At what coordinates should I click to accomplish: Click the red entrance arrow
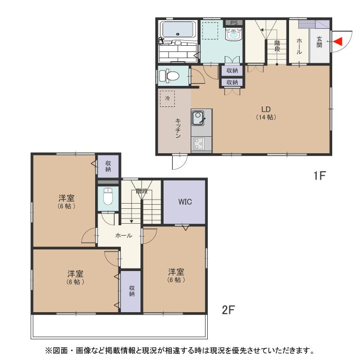click(338, 42)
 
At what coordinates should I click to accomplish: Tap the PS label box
click(233, 23)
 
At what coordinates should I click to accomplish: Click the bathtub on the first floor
click(178, 29)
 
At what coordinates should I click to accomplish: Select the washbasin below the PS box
click(233, 34)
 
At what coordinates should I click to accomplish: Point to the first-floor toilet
click(169, 76)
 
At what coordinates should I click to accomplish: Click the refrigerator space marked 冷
click(167, 99)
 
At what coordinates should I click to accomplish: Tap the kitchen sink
click(197, 118)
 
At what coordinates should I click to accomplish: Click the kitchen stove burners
click(198, 144)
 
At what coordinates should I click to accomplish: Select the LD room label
click(266, 113)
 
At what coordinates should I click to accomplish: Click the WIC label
click(185, 202)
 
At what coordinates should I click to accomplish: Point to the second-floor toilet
click(107, 196)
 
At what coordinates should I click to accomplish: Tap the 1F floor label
click(319, 176)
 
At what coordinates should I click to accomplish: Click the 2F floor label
click(228, 310)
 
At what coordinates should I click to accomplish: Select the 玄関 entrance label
click(319, 42)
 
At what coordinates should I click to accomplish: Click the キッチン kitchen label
click(178, 128)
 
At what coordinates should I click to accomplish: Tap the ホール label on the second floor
click(123, 236)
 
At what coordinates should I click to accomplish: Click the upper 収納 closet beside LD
click(232, 70)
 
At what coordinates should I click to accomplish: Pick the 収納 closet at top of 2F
click(108, 166)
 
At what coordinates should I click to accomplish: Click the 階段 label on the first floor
click(277, 46)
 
